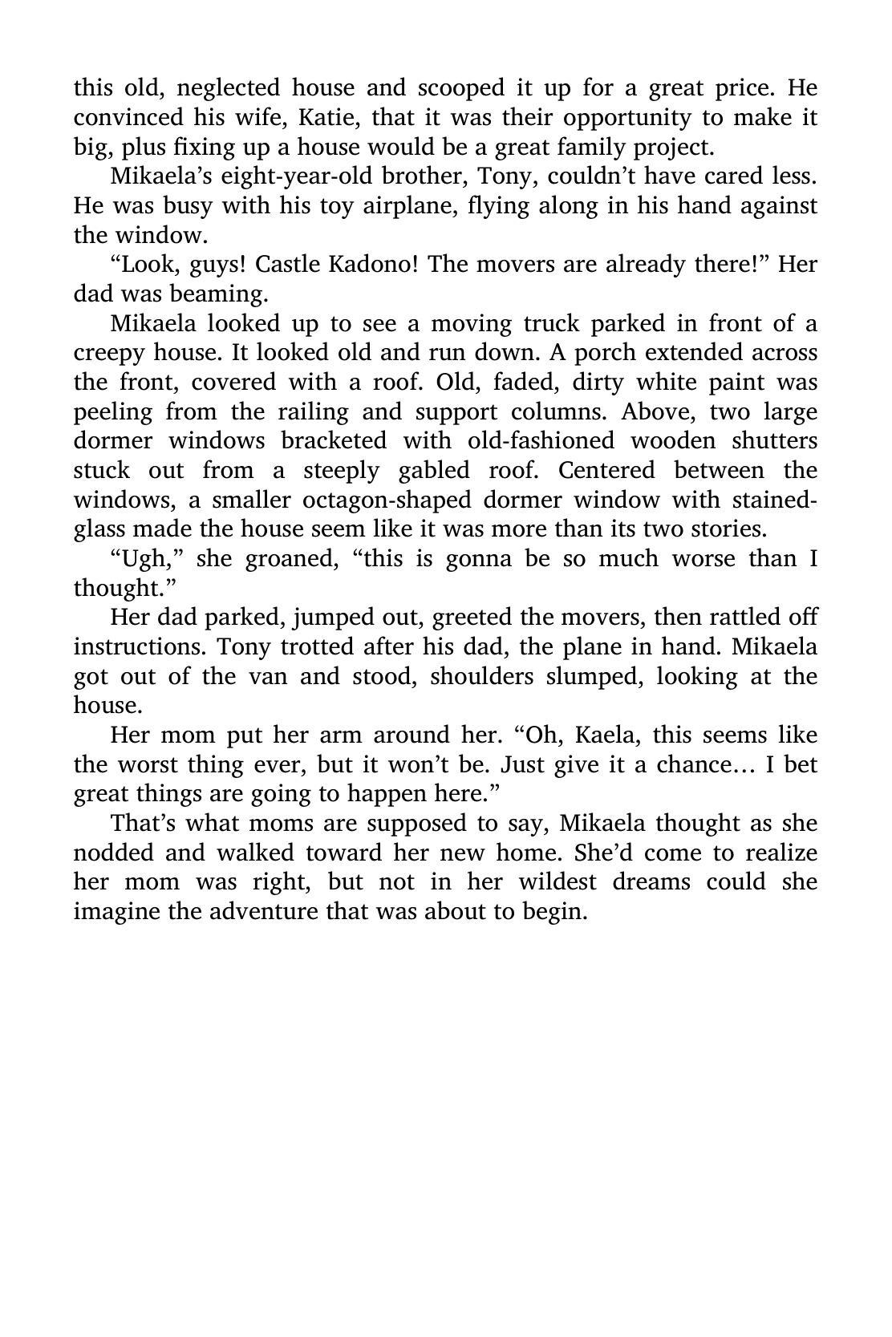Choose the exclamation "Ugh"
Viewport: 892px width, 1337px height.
point(144,558)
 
